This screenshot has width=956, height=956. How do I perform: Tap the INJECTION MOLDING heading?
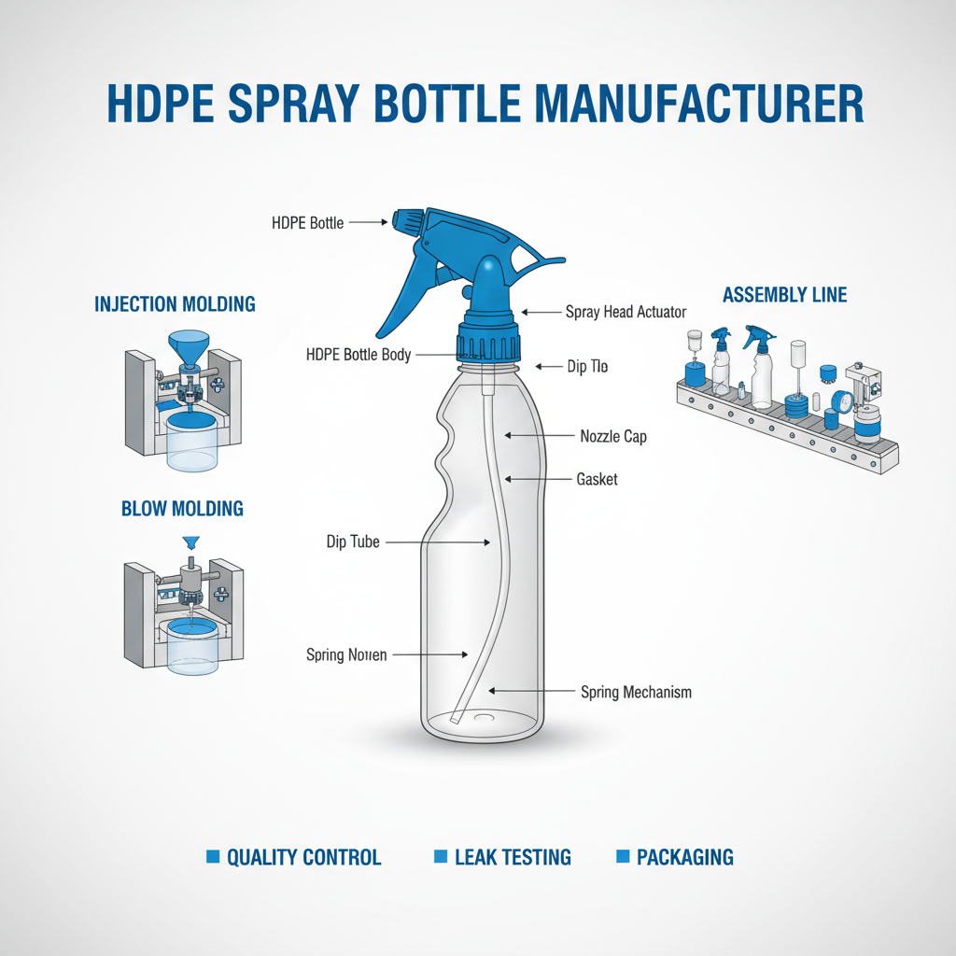[175, 304]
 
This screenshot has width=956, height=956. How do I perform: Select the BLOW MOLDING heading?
[182, 509]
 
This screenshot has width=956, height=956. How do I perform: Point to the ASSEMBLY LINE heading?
[784, 295]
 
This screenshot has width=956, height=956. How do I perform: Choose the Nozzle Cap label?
[613, 436]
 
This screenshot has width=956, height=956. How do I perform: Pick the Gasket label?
[597, 479]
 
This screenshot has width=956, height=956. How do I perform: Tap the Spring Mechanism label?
[636, 692]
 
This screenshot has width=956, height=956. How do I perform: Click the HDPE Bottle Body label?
[358, 355]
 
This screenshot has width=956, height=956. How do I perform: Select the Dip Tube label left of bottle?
[353, 541]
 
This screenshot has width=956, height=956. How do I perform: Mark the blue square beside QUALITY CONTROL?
[212, 856]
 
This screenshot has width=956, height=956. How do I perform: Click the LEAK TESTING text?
[513, 857]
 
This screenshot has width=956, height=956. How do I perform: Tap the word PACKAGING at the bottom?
[684, 857]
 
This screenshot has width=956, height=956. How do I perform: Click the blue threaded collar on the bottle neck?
[486, 344]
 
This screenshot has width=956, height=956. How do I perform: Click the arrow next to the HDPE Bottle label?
[370, 223]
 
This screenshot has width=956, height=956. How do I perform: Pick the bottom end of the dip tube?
[455, 719]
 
